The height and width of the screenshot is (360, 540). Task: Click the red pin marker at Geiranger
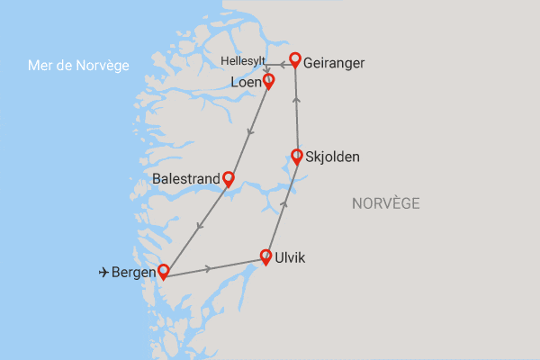[293, 61]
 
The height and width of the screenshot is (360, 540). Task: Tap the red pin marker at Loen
[267, 80]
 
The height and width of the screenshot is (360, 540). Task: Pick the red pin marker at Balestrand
[229, 178]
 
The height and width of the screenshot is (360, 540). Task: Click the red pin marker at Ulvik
[266, 256]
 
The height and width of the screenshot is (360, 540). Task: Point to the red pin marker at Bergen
[164, 270]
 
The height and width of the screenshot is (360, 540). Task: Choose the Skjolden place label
[333, 157]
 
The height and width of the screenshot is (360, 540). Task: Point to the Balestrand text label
[186, 179]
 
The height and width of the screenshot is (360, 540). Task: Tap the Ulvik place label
[290, 258]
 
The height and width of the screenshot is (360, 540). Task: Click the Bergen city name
[133, 271]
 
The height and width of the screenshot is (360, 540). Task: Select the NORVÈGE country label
[385, 204]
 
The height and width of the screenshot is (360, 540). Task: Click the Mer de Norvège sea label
[79, 66]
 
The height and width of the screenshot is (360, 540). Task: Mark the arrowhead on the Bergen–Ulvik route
[210, 268]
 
